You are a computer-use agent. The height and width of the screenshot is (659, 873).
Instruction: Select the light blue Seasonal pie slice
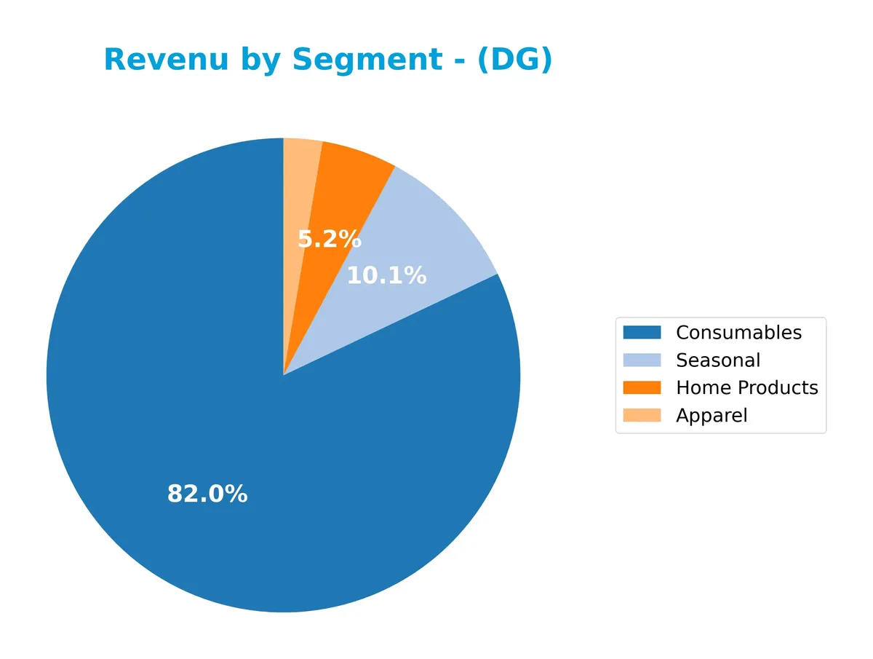click(x=436, y=240)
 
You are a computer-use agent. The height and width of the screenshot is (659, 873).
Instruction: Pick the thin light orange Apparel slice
click(x=300, y=167)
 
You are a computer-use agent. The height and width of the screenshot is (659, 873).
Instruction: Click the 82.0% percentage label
click(x=207, y=494)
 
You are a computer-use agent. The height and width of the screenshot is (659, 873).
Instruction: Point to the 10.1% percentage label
click(x=386, y=276)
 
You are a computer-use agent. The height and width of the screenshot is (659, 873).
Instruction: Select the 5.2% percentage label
click(x=330, y=239)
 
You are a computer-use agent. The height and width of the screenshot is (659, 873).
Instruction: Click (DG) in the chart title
click(x=515, y=60)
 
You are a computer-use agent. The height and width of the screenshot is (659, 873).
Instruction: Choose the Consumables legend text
click(x=738, y=333)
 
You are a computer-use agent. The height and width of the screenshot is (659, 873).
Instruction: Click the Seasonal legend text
click(x=718, y=360)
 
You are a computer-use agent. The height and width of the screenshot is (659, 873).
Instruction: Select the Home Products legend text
click(x=747, y=388)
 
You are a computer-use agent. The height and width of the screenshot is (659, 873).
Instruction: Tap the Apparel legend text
click(x=711, y=416)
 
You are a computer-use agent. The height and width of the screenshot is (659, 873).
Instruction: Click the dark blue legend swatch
click(x=642, y=333)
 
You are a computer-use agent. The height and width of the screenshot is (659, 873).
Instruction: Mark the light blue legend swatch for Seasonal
click(x=642, y=360)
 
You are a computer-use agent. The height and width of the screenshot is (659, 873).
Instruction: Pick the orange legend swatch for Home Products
click(x=642, y=388)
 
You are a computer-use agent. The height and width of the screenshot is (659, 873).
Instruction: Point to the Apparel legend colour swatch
click(x=642, y=416)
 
